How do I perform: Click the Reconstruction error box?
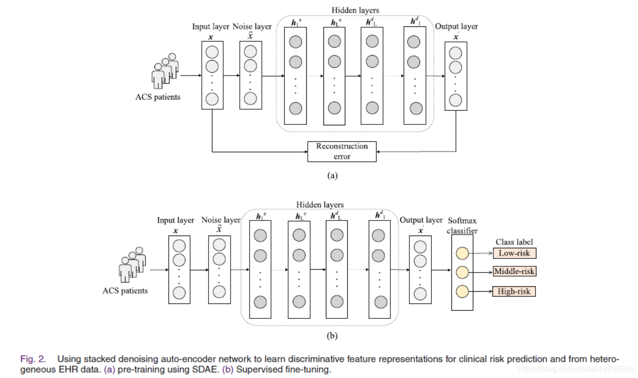(x=341, y=151)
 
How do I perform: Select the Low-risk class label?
(x=514, y=253)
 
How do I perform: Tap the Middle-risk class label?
(x=514, y=271)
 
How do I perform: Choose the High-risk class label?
(x=514, y=292)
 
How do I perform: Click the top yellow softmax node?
(x=462, y=253)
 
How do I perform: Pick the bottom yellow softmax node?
(x=462, y=292)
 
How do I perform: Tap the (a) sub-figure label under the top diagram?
(x=332, y=176)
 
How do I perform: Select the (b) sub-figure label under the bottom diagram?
(x=332, y=336)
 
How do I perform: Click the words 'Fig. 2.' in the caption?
(x=33, y=359)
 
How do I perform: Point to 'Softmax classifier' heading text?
(x=462, y=226)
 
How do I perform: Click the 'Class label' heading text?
(x=514, y=242)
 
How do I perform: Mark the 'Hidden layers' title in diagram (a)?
(x=355, y=10)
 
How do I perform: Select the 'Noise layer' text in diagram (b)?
(x=221, y=220)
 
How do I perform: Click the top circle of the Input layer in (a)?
(x=212, y=52)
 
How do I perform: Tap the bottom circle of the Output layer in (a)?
(x=455, y=100)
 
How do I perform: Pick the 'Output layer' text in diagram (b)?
(x=421, y=220)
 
